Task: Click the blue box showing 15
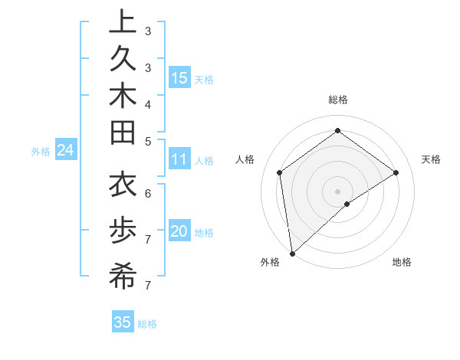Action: [179, 77]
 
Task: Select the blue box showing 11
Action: [179, 159]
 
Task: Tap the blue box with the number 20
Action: [179, 231]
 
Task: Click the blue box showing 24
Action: [65, 151]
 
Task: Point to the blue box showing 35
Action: [123, 322]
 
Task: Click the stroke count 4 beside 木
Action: [147, 103]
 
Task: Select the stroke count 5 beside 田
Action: [147, 141]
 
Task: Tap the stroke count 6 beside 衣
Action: [147, 193]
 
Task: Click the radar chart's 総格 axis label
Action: [337, 100]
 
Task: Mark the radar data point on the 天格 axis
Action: [396, 172]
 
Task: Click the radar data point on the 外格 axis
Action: [292, 253]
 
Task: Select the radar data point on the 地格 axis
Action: [347, 204]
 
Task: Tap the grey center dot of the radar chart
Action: [337, 191]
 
